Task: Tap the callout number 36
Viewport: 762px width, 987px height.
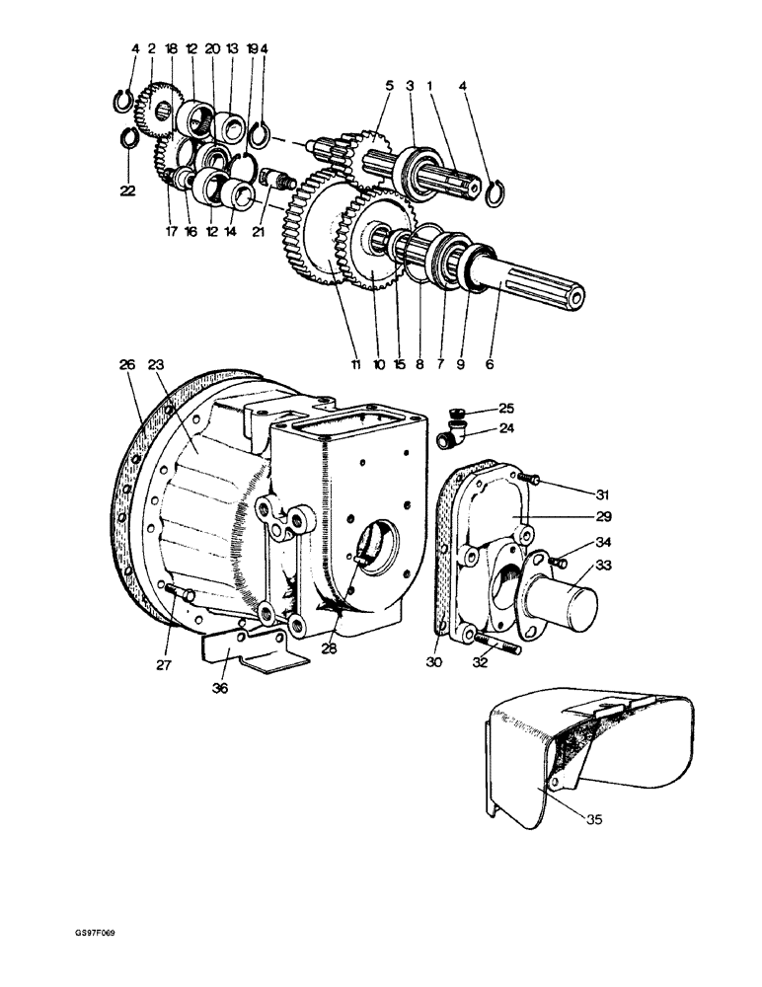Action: (220, 688)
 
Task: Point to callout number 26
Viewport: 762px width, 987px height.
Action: (126, 365)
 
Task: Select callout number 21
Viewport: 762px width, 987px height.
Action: (258, 232)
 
